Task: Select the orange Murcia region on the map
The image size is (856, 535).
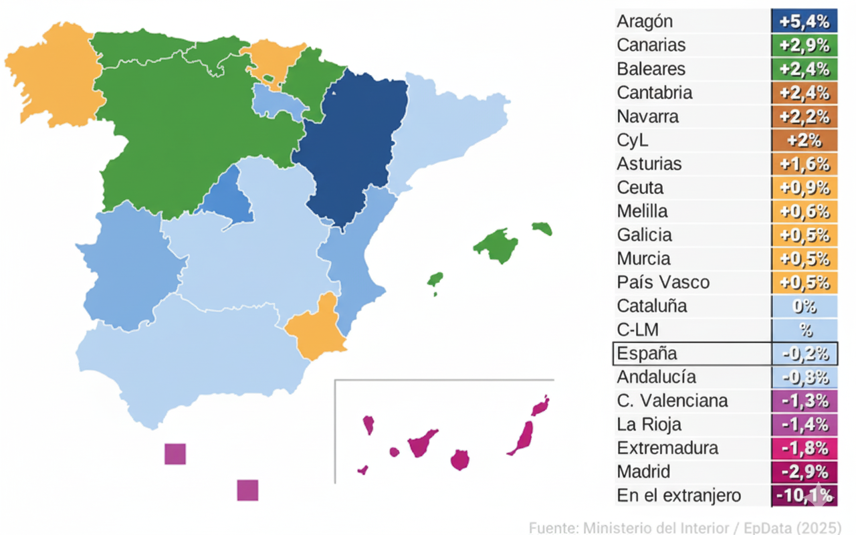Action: (314, 331)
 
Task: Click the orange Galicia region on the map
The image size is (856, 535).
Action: (53, 74)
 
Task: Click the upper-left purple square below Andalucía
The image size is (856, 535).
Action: (175, 454)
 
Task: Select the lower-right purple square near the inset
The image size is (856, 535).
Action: (247, 490)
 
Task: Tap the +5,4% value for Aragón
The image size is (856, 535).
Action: (805, 21)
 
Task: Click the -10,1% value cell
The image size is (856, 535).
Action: (805, 496)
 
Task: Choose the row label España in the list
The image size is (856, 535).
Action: (647, 353)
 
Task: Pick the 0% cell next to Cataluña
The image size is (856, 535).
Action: (805, 306)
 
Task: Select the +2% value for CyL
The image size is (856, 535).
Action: (805, 140)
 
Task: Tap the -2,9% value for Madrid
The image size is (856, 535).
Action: (805, 471)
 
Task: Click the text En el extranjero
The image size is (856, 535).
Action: (679, 496)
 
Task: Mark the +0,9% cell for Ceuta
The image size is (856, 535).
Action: (805, 188)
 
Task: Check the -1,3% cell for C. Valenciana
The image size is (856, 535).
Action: (805, 401)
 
